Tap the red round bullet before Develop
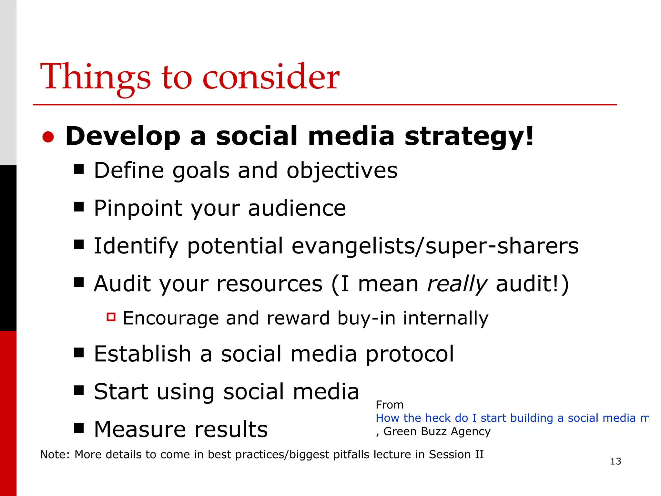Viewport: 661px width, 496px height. pos(48,137)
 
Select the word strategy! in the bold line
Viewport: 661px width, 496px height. pos(469,136)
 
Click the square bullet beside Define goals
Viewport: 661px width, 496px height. pos(79,169)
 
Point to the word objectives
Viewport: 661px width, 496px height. pos(342,170)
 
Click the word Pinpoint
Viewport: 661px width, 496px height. pos(138,208)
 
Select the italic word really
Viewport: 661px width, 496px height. pos(457,284)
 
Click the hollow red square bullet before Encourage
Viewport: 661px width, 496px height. pos(111,317)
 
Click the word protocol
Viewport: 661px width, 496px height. pos(410,354)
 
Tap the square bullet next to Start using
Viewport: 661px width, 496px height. pos(79,390)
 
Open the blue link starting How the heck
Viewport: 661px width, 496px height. pos(512,418)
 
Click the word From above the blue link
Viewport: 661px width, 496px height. pos(390,405)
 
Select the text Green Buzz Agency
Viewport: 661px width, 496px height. pos(437,431)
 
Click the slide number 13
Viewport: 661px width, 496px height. pos(615,461)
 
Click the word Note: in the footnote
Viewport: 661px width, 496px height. pos(55,455)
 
